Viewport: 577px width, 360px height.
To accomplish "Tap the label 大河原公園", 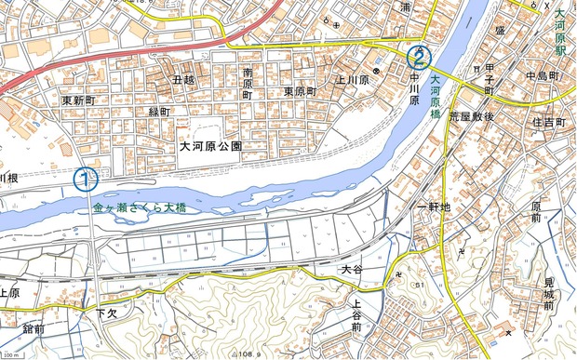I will pyautogui.click(x=211, y=147).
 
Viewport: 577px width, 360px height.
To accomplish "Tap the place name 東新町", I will pyautogui.click(x=80, y=100).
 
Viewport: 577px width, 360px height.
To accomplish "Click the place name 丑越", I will pyautogui.click(x=183, y=81).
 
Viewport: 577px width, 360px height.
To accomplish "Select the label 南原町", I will pyautogui.click(x=248, y=83).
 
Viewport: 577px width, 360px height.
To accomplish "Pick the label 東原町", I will pyautogui.click(x=301, y=92).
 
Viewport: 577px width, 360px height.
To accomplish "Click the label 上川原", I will pyautogui.click(x=355, y=81).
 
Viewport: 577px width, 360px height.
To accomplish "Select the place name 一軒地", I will pyautogui.click(x=434, y=207).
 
